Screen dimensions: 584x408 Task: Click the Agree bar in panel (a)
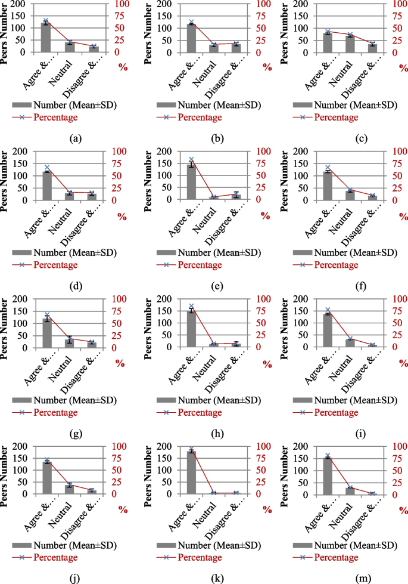click(x=45, y=38)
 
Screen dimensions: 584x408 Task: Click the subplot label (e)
click(x=216, y=286)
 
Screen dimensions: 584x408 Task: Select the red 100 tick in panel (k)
click(x=263, y=446)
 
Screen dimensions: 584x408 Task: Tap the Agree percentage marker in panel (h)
click(x=192, y=307)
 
